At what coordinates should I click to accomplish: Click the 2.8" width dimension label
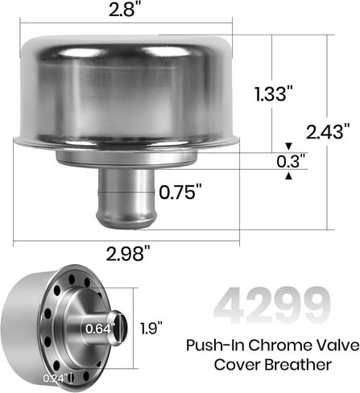pos(125,10)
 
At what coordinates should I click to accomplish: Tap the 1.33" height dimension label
pos(274,94)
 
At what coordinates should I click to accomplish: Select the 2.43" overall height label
pos(328,131)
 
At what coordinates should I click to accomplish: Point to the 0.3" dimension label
pos(292,161)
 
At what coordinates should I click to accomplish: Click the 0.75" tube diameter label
pos(180,192)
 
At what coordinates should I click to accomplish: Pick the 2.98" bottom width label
pos(129,253)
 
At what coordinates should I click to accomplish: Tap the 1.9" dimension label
pos(151,328)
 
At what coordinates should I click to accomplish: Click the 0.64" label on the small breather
pos(100,329)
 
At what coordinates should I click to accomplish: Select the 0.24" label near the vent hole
pos(54,379)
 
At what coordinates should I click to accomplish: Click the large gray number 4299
pos(272,305)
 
